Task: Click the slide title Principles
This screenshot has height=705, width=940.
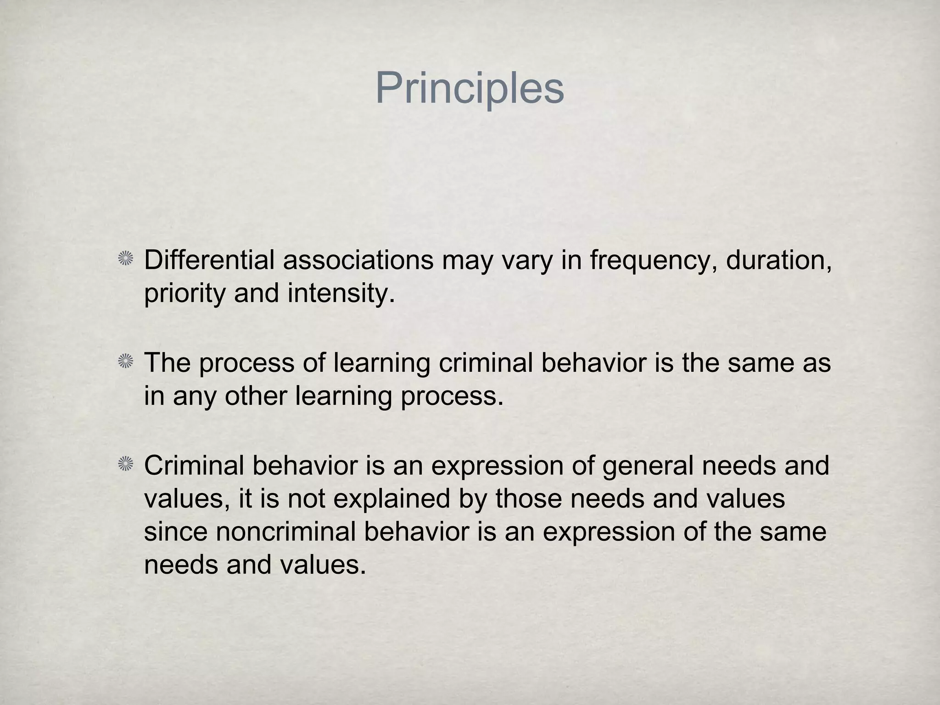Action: pos(470,89)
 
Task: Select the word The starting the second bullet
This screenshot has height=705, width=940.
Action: pos(167,363)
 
